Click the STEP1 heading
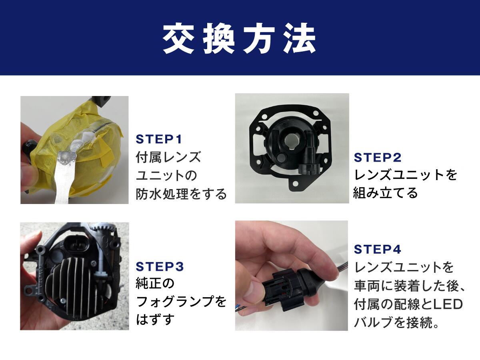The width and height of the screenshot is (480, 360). click(159, 140)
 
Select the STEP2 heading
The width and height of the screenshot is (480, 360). click(377, 158)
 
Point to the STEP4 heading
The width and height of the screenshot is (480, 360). click(377, 249)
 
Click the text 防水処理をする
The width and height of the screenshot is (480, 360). click(181, 194)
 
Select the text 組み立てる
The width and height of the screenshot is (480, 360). click(385, 193)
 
